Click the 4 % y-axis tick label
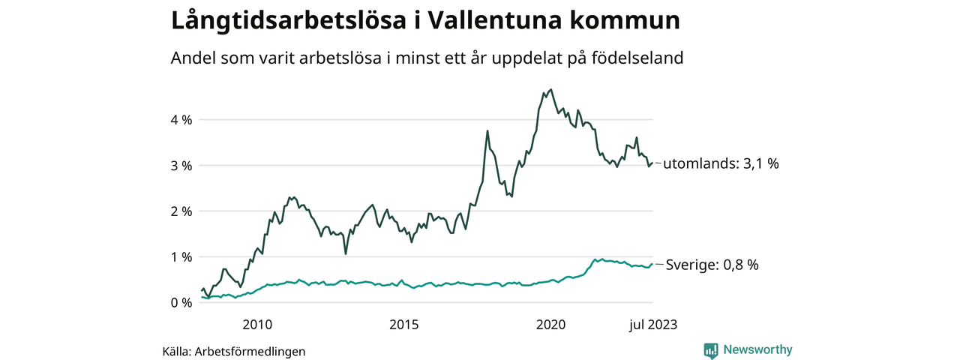click(x=181, y=120)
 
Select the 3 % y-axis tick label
click(x=181, y=166)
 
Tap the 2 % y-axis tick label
click(x=181, y=211)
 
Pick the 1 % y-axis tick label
click(x=181, y=257)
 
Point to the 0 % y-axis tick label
click(x=181, y=303)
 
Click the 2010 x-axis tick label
click(x=256, y=324)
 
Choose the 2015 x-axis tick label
click(x=403, y=324)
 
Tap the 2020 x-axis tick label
click(x=550, y=324)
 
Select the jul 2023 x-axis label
click(x=652, y=324)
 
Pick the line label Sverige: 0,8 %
click(x=712, y=265)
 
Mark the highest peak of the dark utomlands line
click(x=551, y=89)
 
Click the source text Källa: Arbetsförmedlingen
click(x=234, y=351)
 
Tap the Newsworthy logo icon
click(x=711, y=350)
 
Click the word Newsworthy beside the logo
click(x=757, y=349)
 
